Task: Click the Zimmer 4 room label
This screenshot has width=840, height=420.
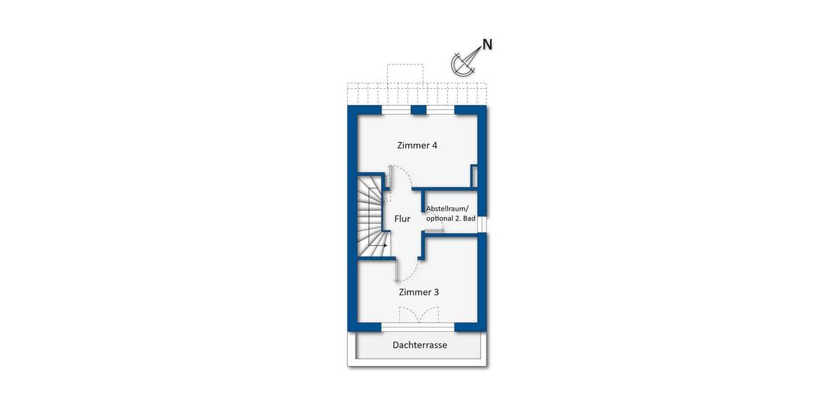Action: pyautogui.click(x=416, y=146)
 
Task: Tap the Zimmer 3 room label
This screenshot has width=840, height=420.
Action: pyautogui.click(x=419, y=292)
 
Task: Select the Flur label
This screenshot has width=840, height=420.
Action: pyautogui.click(x=402, y=219)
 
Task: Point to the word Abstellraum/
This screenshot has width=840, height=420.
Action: pyautogui.click(x=450, y=208)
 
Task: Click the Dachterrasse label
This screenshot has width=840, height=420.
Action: pyautogui.click(x=419, y=345)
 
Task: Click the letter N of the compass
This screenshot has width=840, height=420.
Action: pyautogui.click(x=487, y=44)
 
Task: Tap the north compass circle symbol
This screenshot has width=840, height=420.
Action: pyautogui.click(x=463, y=65)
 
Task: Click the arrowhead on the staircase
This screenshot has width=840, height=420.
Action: pyautogui.click(x=385, y=246)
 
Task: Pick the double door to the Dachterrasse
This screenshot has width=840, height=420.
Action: pyautogui.click(x=417, y=315)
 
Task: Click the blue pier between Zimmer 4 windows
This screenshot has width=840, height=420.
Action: pyautogui.click(x=419, y=110)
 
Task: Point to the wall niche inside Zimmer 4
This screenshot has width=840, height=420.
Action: pyautogui.click(x=475, y=176)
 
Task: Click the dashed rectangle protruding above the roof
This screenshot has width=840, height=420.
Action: pyautogui.click(x=405, y=74)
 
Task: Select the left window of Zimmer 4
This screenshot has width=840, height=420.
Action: pyautogui.click(x=396, y=110)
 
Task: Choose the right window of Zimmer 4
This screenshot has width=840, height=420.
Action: pyautogui.click(x=440, y=110)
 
